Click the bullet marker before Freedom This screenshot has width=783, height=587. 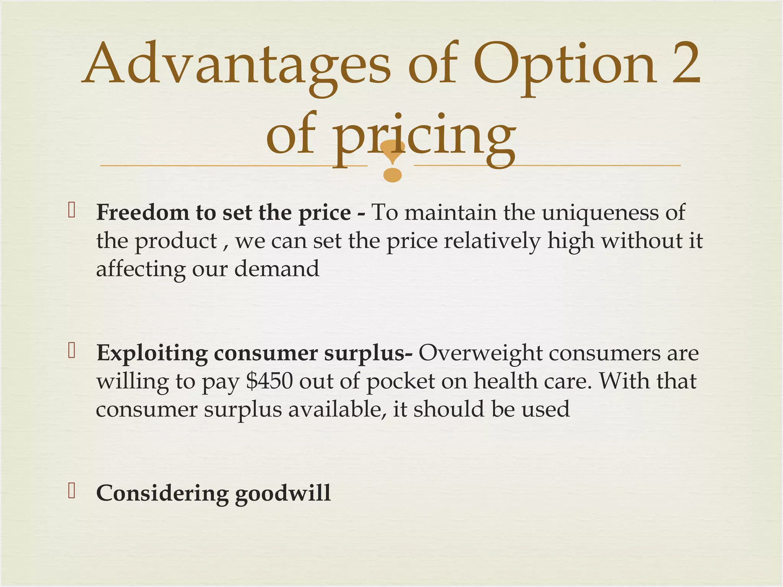[x=71, y=210]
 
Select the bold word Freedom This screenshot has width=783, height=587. [x=143, y=212]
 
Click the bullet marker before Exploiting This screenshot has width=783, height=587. [x=71, y=350]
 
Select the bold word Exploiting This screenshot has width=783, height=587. [x=152, y=353]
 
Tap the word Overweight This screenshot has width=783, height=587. [x=480, y=353]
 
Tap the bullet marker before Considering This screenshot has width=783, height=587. [x=71, y=491]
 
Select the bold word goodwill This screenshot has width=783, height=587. [x=283, y=494]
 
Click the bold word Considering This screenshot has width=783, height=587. [x=162, y=494]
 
